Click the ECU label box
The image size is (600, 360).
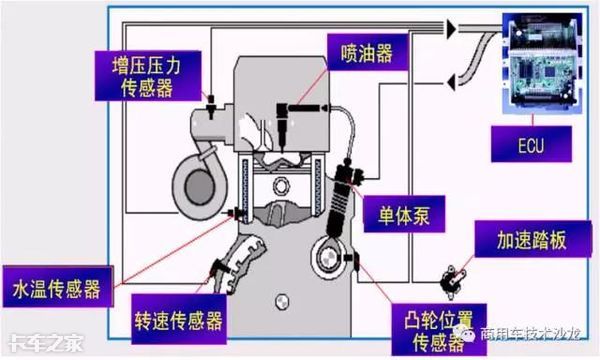[531, 144]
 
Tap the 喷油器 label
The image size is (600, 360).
[367, 52]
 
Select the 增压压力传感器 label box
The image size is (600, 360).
[148, 76]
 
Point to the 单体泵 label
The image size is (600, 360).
[404, 214]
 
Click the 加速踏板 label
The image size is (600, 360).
[533, 239]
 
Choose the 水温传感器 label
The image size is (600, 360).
[57, 287]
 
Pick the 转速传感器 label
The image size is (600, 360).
[179, 319]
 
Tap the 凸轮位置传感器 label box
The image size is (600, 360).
[439, 330]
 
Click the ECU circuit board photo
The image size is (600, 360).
[542, 63]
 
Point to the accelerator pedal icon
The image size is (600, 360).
[452, 282]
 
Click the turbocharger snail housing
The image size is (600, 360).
[199, 186]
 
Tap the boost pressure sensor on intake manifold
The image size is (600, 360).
[210, 106]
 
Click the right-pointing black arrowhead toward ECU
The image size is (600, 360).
[452, 28]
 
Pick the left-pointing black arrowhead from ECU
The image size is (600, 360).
[452, 82]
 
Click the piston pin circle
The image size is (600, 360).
[282, 186]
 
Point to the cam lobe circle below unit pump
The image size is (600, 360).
[328, 257]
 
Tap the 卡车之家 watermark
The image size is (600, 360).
[46, 343]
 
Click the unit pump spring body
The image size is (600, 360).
[338, 205]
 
